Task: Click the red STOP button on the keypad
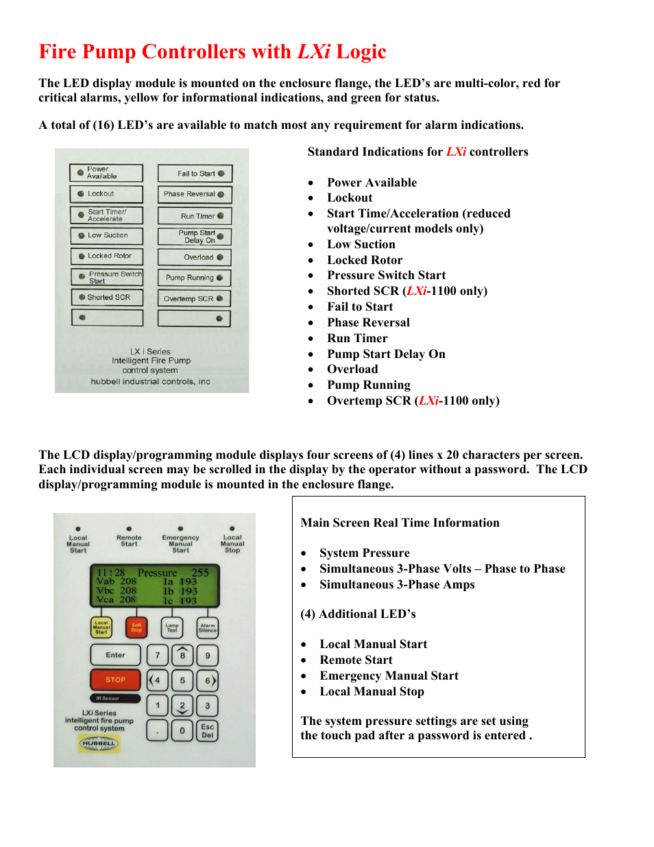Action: point(115,680)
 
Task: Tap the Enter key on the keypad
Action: point(115,655)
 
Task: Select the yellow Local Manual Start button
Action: point(101,627)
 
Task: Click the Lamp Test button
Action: point(172,627)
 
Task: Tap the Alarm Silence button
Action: point(208,627)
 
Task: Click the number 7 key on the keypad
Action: point(158,655)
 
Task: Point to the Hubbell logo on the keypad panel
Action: point(99,743)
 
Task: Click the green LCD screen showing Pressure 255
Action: point(155,586)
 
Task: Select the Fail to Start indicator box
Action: point(195,174)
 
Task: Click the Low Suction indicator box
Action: point(106,235)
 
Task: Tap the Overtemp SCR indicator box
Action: point(194,298)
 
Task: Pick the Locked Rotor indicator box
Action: point(106,256)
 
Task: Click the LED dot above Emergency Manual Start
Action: point(180,529)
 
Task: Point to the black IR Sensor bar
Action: point(115,698)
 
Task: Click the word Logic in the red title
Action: point(361,52)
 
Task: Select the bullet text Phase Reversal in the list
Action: point(368,322)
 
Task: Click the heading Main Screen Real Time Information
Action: point(400,523)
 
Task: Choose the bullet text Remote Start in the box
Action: point(356,660)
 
